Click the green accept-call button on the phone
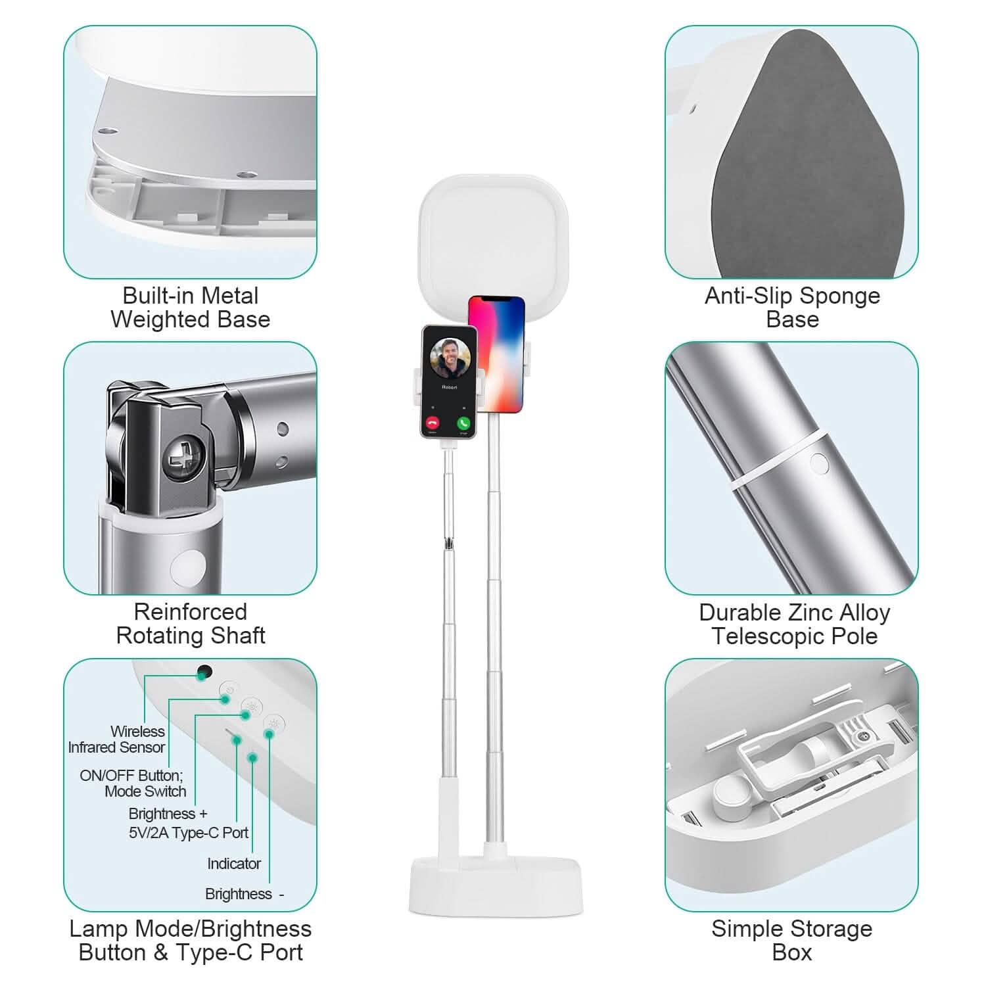pyautogui.click(x=464, y=423)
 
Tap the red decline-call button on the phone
pyautogui.click(x=433, y=423)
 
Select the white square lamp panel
pyautogui.click(x=493, y=237)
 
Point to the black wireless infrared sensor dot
pyautogui.click(x=204, y=672)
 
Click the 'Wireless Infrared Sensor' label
pyautogui.click(x=117, y=739)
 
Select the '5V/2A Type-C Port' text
pyautogui.click(x=189, y=833)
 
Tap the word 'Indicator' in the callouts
pyautogui.click(x=234, y=864)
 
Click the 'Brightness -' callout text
pyautogui.click(x=244, y=894)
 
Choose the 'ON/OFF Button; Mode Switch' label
pyautogui.click(x=133, y=783)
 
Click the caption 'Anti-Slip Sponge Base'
pyautogui.click(x=792, y=308)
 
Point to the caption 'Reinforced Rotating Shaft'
pyautogui.click(x=191, y=624)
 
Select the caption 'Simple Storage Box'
pyautogui.click(x=791, y=941)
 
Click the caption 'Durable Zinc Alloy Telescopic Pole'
pyautogui.click(x=794, y=624)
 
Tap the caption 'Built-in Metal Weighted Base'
pyautogui.click(x=191, y=308)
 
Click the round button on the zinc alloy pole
pyautogui.click(x=819, y=463)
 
